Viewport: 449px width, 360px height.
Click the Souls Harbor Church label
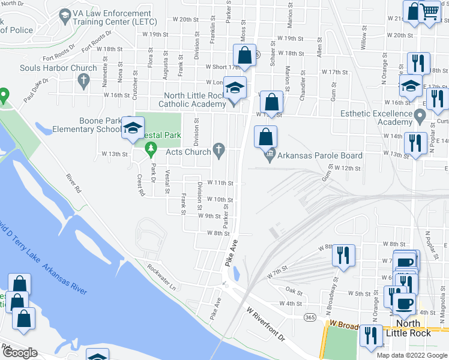click(x=58, y=68)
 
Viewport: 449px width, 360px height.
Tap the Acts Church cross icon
click(x=220, y=149)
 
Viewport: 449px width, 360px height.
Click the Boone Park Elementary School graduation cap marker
click(x=133, y=128)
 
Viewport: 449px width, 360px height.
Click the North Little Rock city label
click(x=408, y=328)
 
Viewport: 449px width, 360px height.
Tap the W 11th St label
click(x=219, y=182)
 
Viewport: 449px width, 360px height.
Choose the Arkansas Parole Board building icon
click(x=270, y=156)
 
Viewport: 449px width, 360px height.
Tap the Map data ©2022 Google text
click(x=411, y=355)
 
